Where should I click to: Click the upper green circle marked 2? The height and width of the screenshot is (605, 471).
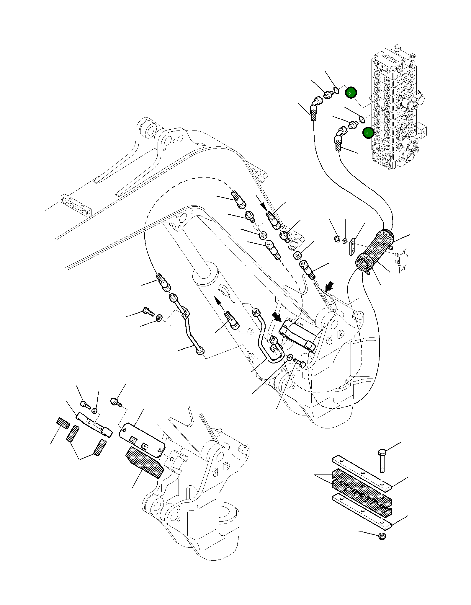point(351,93)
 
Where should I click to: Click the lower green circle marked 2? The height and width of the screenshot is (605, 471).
point(368,133)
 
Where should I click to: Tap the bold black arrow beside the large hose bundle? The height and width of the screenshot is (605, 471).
point(329,286)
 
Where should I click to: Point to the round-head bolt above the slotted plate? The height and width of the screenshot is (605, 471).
point(115,402)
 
